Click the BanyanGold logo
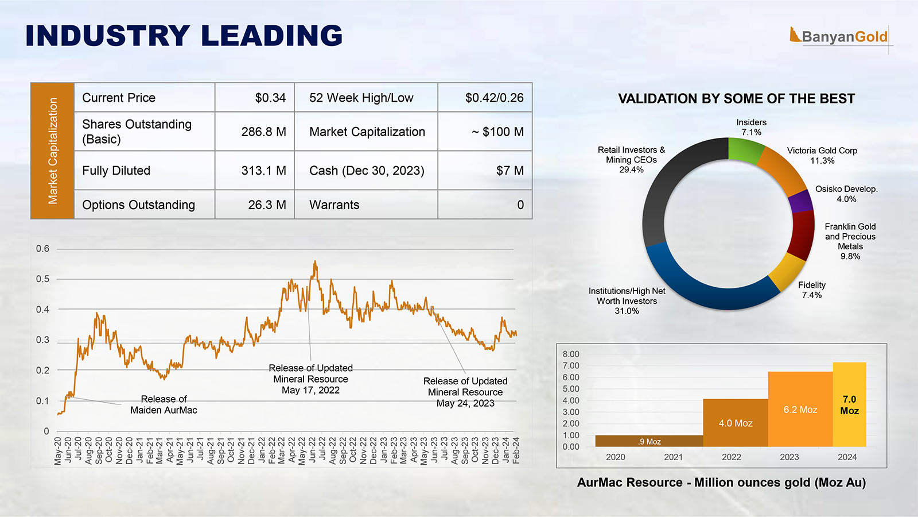(x=839, y=37)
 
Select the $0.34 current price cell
(x=270, y=98)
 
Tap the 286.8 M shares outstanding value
(x=263, y=132)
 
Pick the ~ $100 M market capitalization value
(x=497, y=132)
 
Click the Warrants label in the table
(x=334, y=205)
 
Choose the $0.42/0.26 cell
(x=494, y=98)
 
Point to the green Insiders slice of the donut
(x=745, y=150)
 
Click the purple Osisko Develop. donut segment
(x=801, y=202)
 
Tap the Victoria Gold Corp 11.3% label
(x=822, y=156)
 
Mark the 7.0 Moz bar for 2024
(x=849, y=404)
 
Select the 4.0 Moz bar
(x=735, y=423)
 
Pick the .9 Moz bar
(x=649, y=441)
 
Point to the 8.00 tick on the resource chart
(x=571, y=354)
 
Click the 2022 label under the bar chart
(x=731, y=457)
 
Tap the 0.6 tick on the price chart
(x=43, y=249)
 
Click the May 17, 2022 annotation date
(x=310, y=391)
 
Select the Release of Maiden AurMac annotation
(x=164, y=404)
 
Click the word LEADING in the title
(x=271, y=36)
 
